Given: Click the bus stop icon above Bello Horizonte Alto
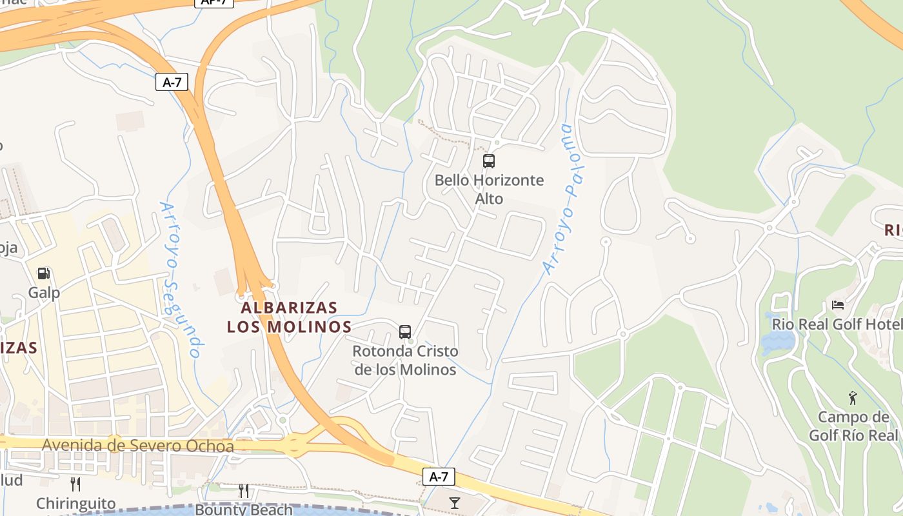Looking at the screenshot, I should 489,161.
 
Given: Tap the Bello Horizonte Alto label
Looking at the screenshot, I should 489,189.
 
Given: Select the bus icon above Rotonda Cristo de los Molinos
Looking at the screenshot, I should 405,332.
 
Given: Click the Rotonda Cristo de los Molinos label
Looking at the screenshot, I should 406,361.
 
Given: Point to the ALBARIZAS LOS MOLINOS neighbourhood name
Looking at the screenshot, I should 289,317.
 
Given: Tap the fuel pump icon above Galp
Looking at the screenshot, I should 44,273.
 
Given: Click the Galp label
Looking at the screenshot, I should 44,293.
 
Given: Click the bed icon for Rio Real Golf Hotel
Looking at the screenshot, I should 837,304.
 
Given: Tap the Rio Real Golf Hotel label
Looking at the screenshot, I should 837,324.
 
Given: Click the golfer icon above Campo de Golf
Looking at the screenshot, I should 853,398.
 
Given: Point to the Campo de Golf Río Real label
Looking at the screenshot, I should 853,426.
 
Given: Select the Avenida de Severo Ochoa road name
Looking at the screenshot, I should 137,446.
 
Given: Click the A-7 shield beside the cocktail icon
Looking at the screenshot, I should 439,477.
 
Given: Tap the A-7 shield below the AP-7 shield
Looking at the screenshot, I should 172,82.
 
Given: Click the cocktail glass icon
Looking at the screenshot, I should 455,502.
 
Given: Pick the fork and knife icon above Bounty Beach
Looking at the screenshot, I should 244,491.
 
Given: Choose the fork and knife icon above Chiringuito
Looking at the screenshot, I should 75,484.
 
